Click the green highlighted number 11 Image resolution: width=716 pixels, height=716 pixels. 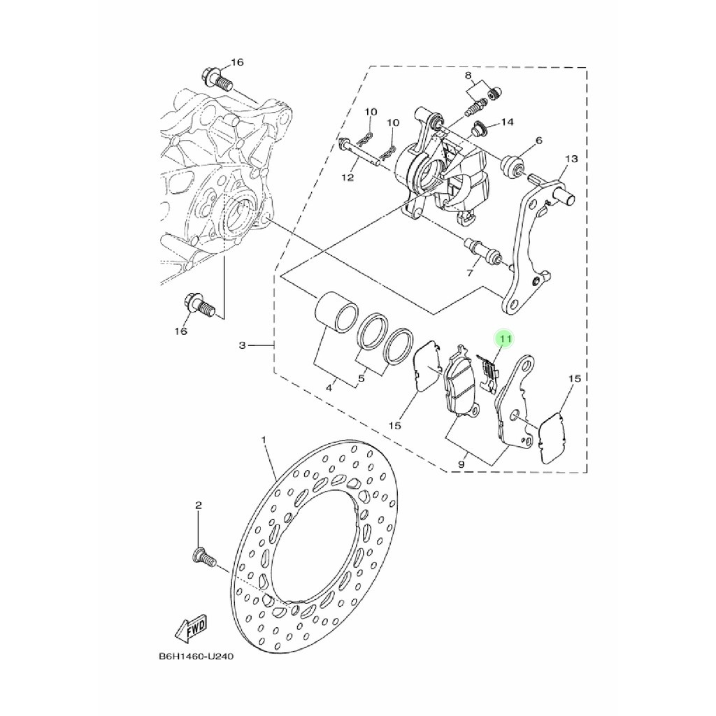coord(505,339)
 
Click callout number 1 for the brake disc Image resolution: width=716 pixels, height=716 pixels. coord(264,440)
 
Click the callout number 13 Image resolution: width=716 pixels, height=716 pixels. coord(571,159)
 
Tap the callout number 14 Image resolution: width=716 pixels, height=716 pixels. coord(507,122)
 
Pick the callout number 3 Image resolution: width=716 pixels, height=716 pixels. coord(243,345)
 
